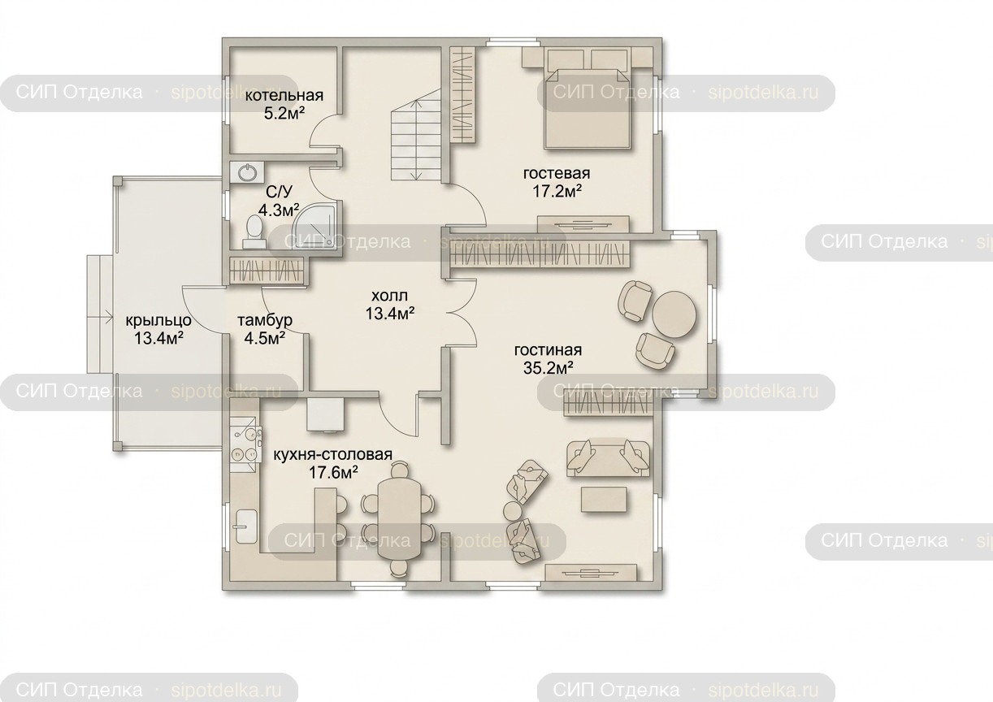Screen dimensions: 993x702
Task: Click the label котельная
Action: pos(284,95)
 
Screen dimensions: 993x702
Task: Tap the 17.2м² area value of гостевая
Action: pos(557,192)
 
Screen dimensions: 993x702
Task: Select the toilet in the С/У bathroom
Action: pos(254,232)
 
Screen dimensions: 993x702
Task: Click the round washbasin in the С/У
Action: pos(246,172)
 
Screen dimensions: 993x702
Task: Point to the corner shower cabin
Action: pos(320,225)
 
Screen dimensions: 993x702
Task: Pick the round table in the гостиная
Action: pos(674,314)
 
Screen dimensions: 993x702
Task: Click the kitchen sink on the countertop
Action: pos(246,526)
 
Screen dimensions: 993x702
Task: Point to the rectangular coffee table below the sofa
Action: pos(604,500)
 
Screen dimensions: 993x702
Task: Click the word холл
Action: pos(389,295)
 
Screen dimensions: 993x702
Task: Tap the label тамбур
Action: pos(265,320)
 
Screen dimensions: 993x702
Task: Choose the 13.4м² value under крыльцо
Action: pos(159,339)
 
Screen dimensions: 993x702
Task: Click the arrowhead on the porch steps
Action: pos(109,317)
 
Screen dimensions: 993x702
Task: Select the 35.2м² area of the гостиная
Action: pos(548,368)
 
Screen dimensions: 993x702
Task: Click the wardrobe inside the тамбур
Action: pos(267,270)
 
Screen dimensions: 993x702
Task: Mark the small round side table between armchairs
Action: pos(514,511)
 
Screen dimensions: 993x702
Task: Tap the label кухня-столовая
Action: pos(332,455)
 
